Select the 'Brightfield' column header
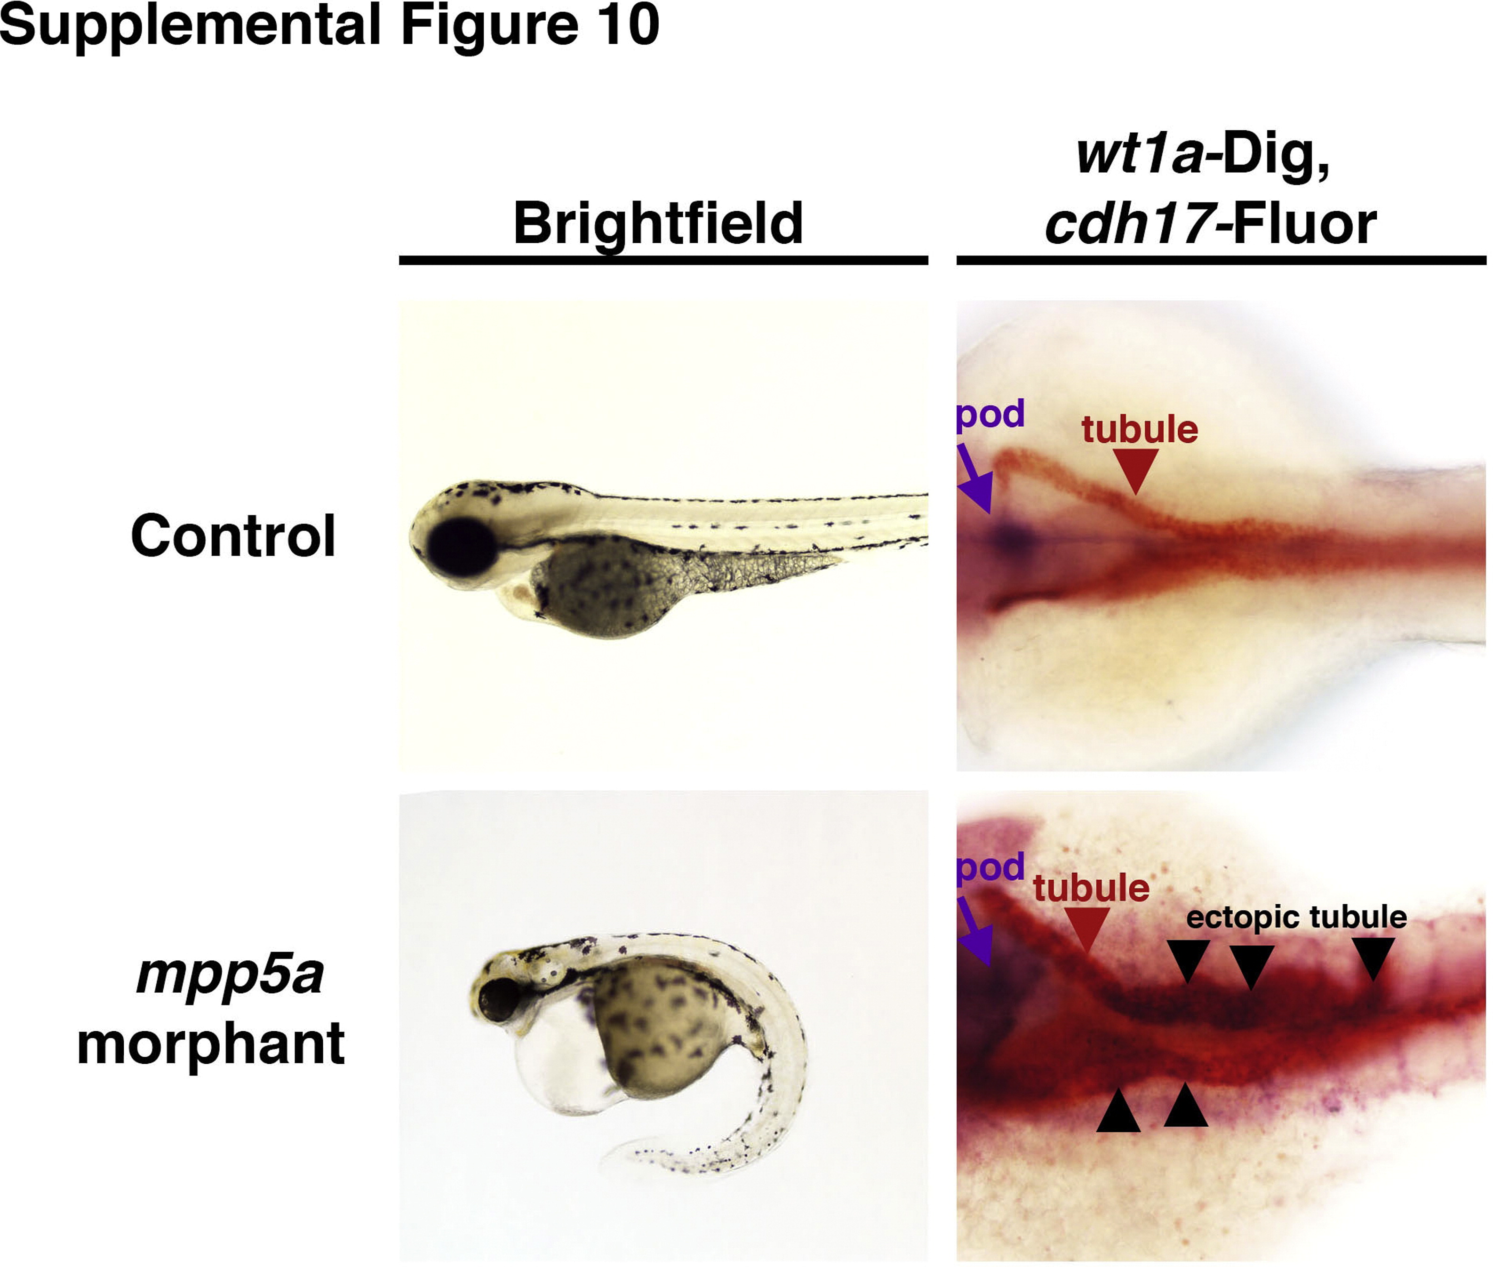[658, 224]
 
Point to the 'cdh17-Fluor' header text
[1211, 223]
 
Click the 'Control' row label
[233, 536]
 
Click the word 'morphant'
[210, 1045]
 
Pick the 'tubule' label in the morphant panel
[1091, 888]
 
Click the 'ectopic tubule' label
[1296, 918]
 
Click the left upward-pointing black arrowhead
[1118, 1110]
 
